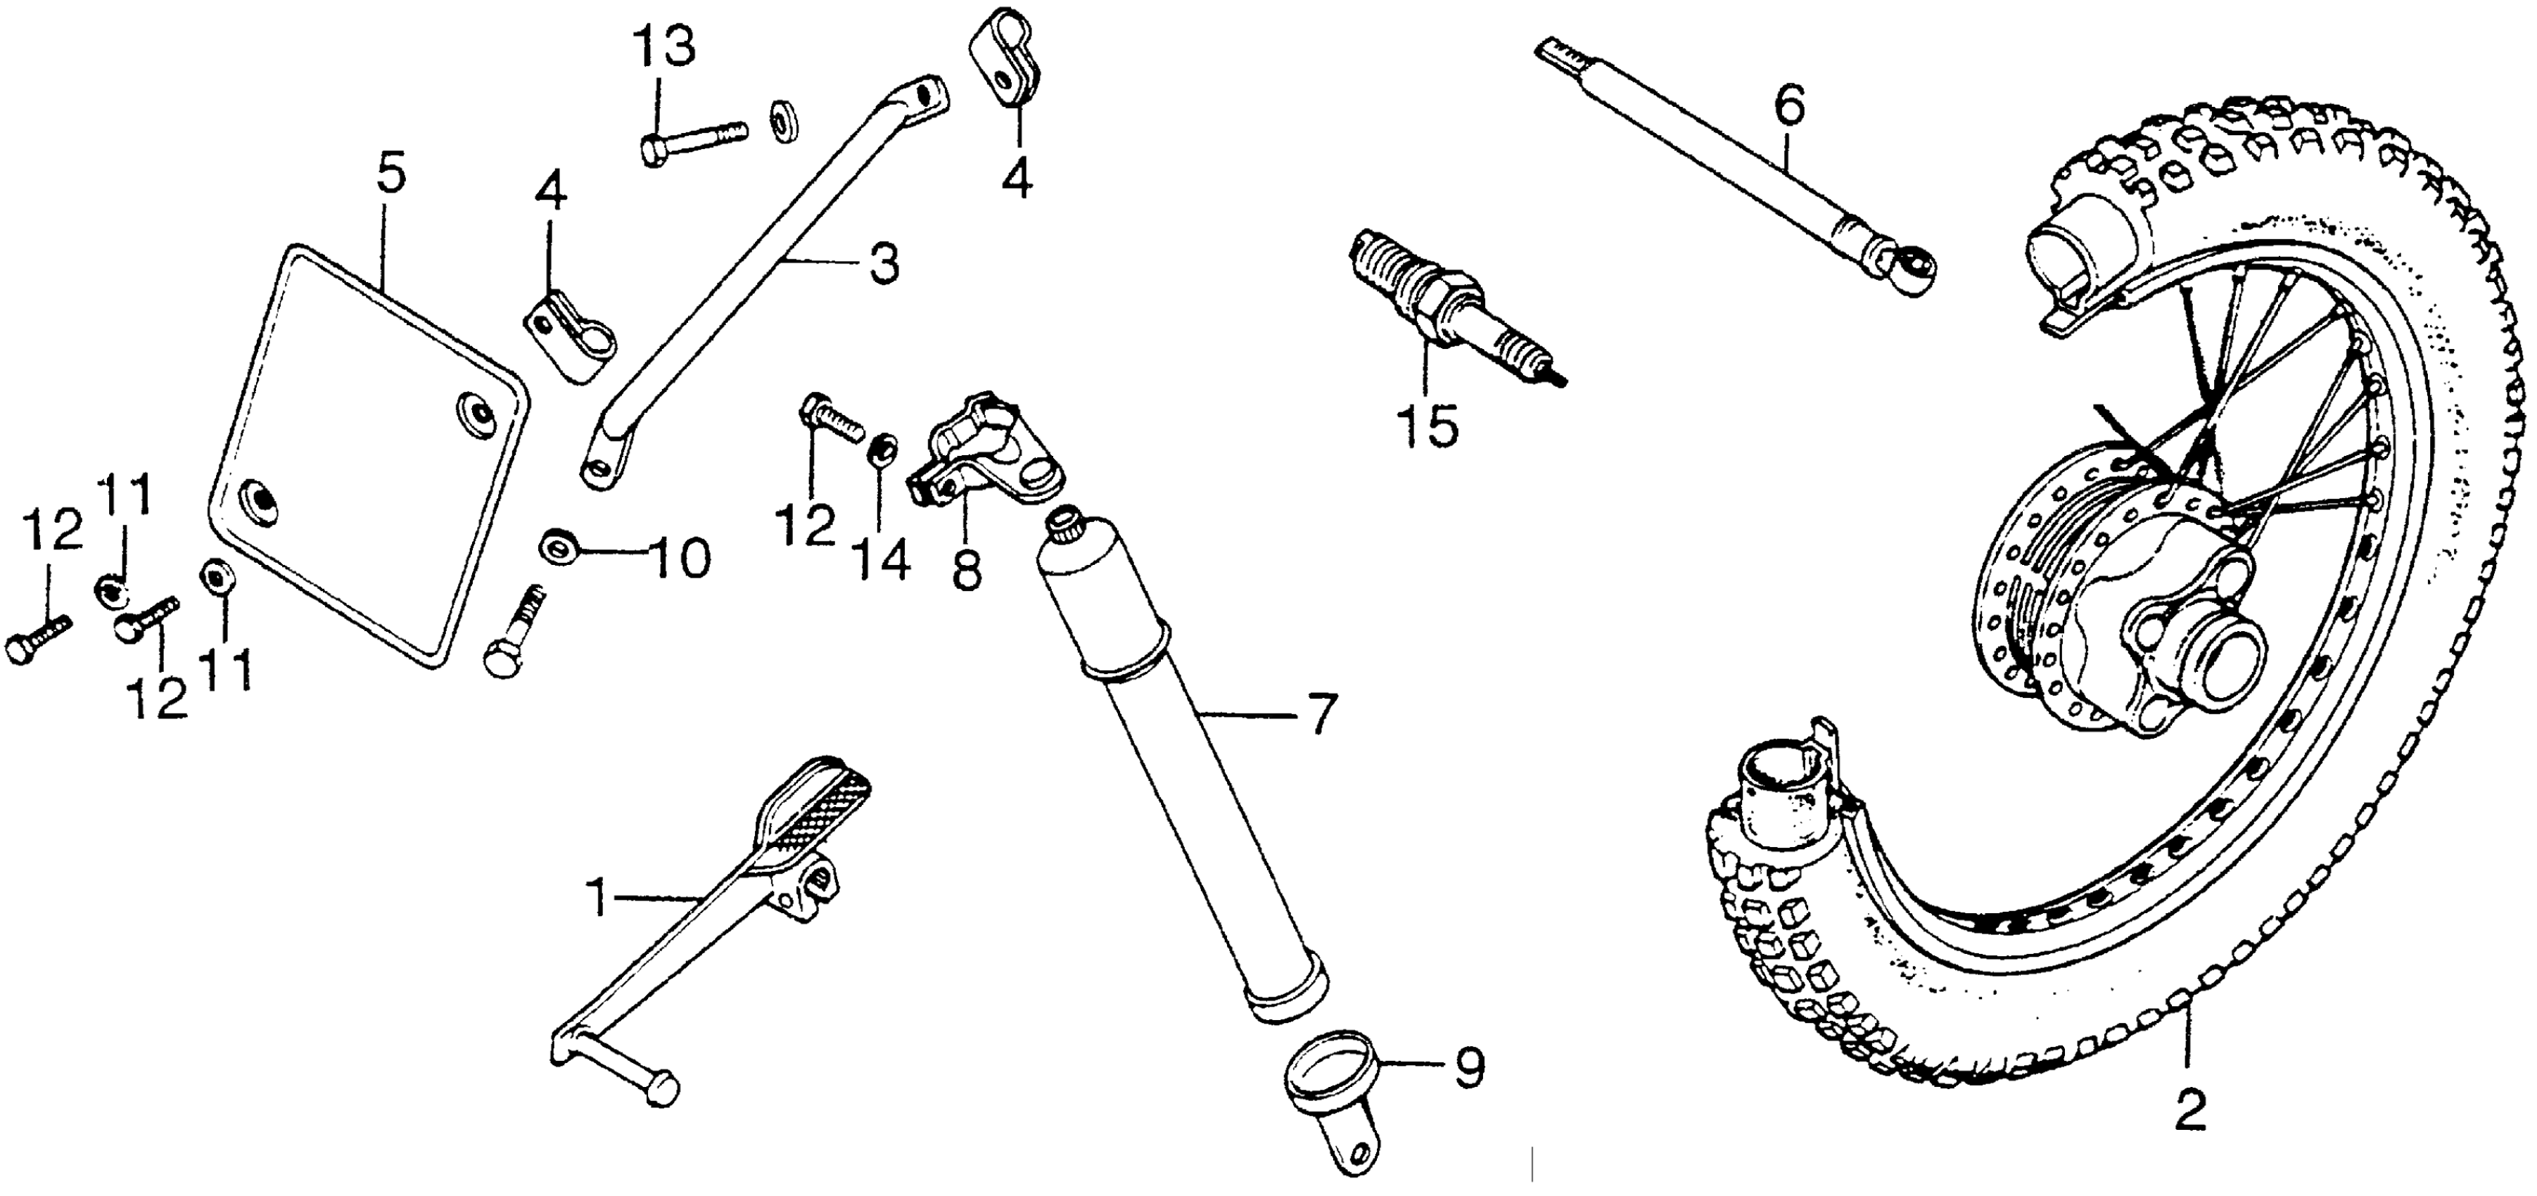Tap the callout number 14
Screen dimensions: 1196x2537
tap(882, 561)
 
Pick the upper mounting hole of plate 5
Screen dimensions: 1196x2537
tap(478, 409)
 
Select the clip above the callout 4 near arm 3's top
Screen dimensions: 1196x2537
tap(1002, 57)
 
